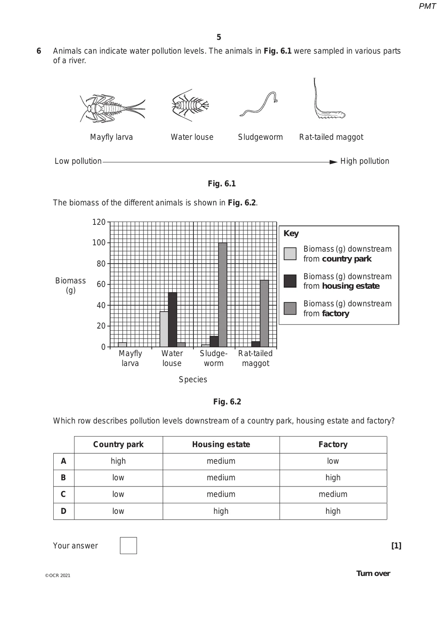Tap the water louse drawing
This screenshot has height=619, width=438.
(x=190, y=105)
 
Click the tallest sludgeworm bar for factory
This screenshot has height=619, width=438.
(x=222, y=294)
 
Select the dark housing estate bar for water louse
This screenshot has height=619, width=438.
(x=172, y=319)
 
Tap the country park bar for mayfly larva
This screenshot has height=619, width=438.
(x=122, y=344)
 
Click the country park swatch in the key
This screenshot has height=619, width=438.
(x=290, y=254)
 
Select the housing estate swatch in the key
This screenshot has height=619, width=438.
(x=290, y=281)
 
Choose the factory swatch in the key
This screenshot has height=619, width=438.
(x=290, y=308)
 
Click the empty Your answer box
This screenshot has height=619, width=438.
(x=128, y=545)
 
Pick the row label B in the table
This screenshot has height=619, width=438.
(x=64, y=478)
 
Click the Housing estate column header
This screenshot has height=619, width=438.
(x=221, y=445)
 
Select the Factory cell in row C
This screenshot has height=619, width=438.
(x=333, y=494)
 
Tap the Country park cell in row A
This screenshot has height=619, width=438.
(x=118, y=461)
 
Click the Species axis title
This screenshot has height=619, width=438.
(x=193, y=380)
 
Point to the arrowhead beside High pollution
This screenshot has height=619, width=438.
(x=333, y=162)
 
